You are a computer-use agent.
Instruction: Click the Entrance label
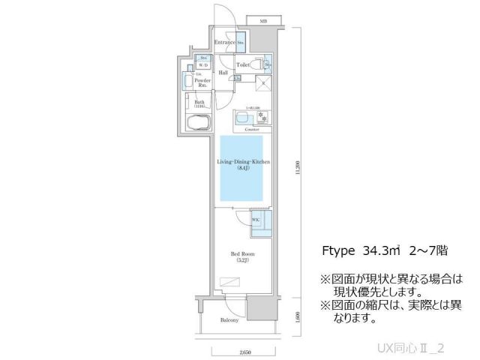coord(224,43)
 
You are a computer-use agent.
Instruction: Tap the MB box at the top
coord(263,21)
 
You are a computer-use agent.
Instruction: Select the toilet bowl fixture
coord(256,66)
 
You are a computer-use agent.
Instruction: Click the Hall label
coord(223,72)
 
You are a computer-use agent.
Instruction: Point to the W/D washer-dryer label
coord(203,65)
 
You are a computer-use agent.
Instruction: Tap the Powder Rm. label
coord(202,82)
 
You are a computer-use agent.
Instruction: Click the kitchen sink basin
coord(244,118)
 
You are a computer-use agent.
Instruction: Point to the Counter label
coord(252,130)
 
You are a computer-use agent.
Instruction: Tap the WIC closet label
coord(255,220)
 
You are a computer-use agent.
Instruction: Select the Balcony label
coord(229,319)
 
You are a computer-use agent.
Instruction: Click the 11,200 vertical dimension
coord(298,170)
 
